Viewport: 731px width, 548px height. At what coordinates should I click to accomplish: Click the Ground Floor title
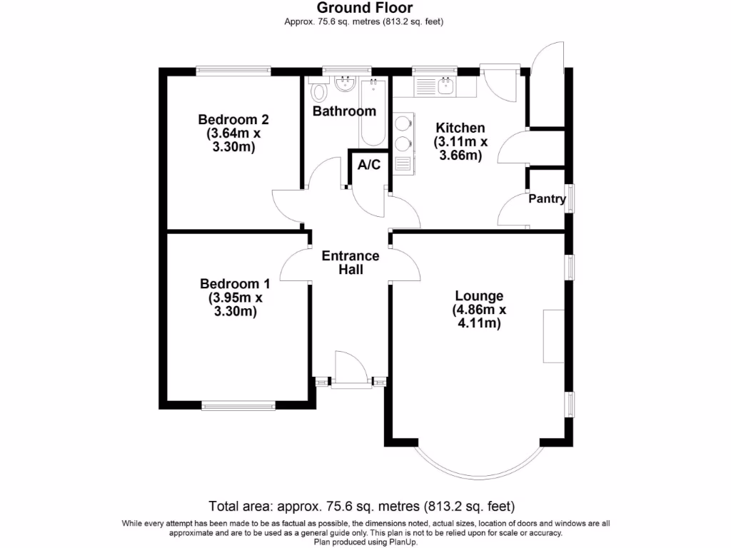pyautogui.click(x=364, y=8)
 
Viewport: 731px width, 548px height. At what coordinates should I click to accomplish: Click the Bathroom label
pyautogui.click(x=344, y=111)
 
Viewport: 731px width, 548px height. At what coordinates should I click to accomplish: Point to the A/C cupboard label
pyautogui.click(x=369, y=166)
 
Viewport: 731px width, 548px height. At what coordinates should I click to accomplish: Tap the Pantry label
pyautogui.click(x=547, y=199)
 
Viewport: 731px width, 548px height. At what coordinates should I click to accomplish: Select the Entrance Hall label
pyautogui.click(x=351, y=263)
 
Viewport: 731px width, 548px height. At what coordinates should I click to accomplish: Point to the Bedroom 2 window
pyautogui.click(x=233, y=70)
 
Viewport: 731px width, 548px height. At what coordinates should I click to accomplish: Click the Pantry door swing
pyautogui.click(x=510, y=212)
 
